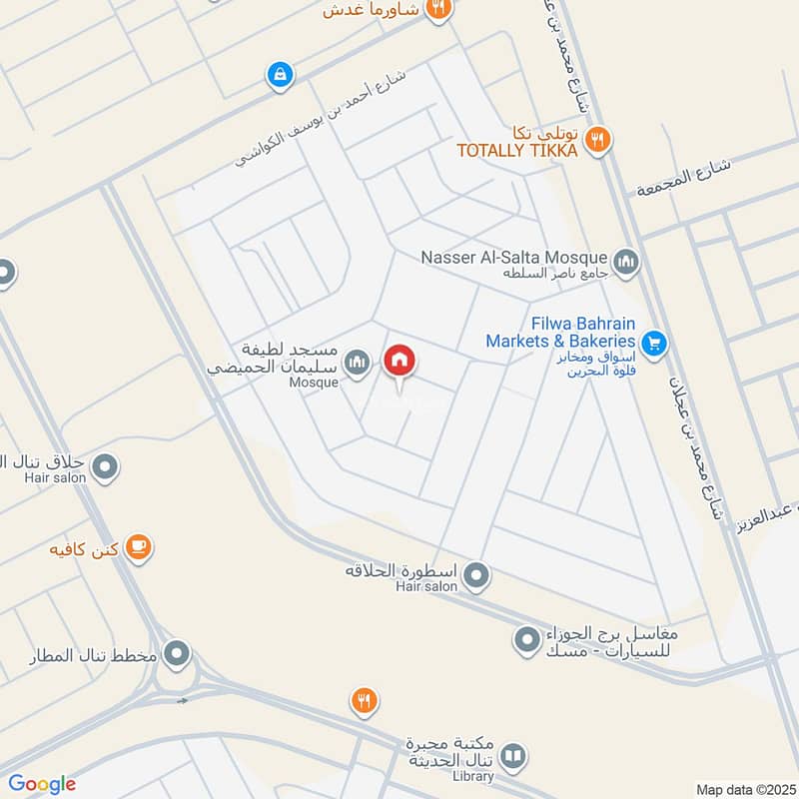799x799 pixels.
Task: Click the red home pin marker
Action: click(x=399, y=361)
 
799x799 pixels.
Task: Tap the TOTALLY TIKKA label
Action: click(x=516, y=151)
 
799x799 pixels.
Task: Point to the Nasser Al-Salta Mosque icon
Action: click(x=626, y=263)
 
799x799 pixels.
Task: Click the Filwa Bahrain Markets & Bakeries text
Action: click(x=562, y=332)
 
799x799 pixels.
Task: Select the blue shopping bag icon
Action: click(x=279, y=74)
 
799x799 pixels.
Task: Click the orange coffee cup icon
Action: click(x=138, y=547)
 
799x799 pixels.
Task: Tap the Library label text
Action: click(x=472, y=776)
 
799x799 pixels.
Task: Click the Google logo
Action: click(x=42, y=784)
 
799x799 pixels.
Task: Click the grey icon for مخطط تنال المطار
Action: click(x=178, y=655)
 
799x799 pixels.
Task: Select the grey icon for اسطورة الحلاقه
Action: click(x=477, y=575)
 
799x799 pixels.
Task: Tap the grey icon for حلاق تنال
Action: click(x=105, y=465)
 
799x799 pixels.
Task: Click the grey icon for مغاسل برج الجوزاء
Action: click(x=526, y=637)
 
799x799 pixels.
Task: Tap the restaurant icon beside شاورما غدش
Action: click(x=436, y=10)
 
